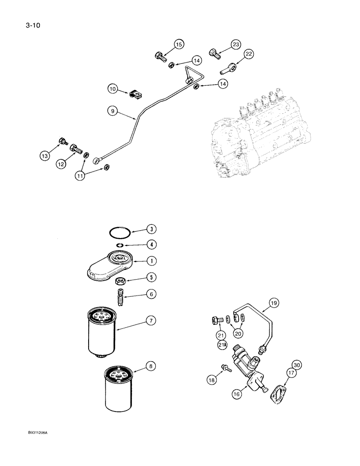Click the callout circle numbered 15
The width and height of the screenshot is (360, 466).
pyautogui.click(x=179, y=44)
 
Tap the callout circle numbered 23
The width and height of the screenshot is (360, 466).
pyautogui.click(x=236, y=44)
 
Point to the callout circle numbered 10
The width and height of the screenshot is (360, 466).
pyautogui.click(x=113, y=89)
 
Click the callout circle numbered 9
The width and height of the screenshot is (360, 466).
pyautogui.click(x=112, y=111)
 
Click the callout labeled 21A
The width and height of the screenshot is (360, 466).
pyautogui.click(x=220, y=345)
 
